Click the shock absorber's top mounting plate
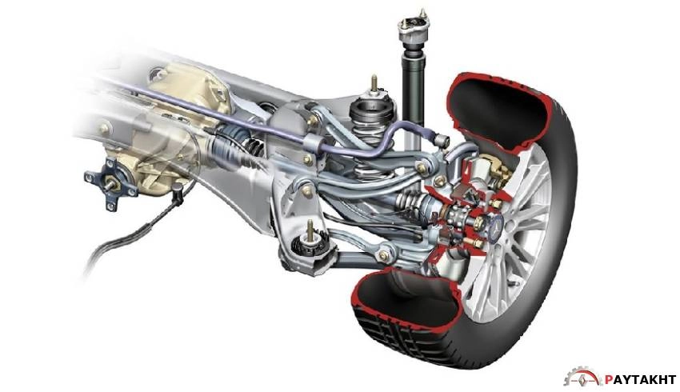[x=413, y=23]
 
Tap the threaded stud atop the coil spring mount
[x=374, y=85]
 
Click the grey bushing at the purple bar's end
[x=442, y=140]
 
